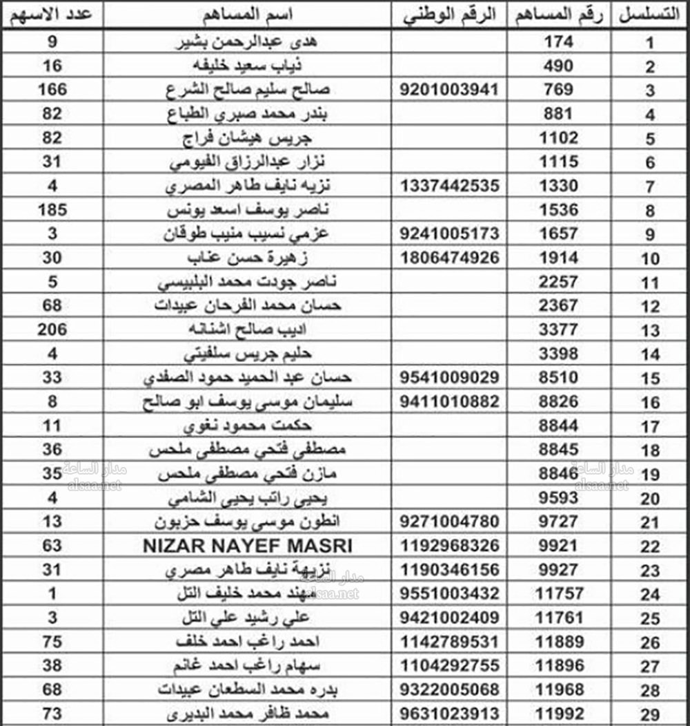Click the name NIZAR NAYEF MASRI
[x=247, y=546]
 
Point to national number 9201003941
[x=450, y=90]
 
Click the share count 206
[x=53, y=329]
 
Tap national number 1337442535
[x=450, y=186]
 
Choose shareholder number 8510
[x=559, y=378]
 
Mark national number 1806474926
[x=450, y=258]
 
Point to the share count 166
[x=53, y=90]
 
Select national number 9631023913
[x=450, y=714]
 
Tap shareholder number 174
[x=559, y=42]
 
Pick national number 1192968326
[x=450, y=546]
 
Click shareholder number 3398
[x=559, y=354]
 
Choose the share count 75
[x=53, y=642]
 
